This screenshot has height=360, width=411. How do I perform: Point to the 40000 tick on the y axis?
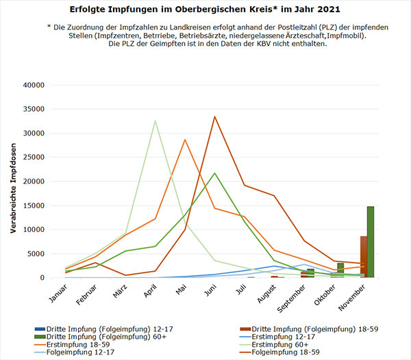pos(33,85)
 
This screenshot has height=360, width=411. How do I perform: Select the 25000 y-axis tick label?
pos(33,157)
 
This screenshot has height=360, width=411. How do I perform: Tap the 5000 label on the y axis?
pos(35,254)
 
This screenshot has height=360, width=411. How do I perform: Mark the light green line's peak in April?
pos(155,121)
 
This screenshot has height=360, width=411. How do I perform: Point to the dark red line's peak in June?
pos(214,116)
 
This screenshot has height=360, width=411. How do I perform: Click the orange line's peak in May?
pos(184,140)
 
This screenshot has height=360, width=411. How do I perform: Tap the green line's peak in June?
pos(214,173)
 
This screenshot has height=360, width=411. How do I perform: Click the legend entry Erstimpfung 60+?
pos(283,346)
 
